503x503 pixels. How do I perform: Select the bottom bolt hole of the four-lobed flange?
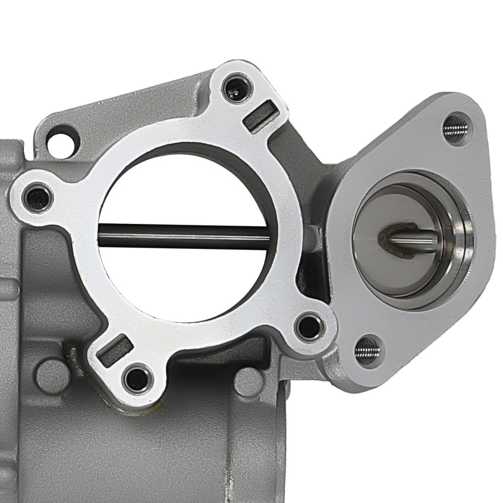click(x=136, y=378)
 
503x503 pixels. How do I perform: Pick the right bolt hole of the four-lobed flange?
click(x=308, y=326)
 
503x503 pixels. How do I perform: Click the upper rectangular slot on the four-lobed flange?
click(x=260, y=116)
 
